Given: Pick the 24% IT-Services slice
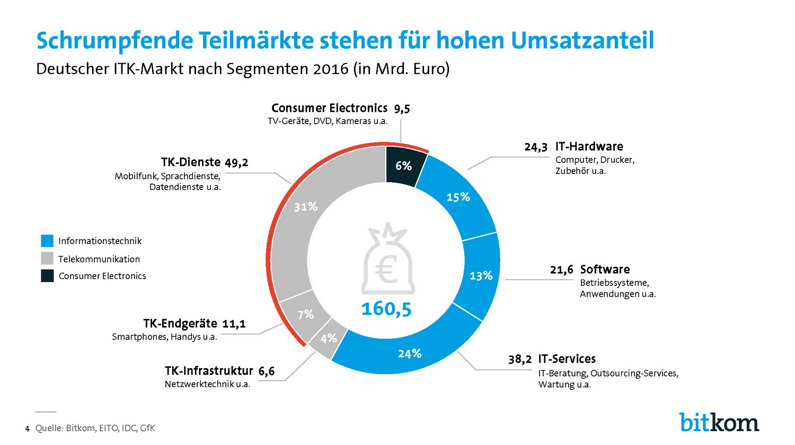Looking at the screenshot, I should click(x=409, y=353).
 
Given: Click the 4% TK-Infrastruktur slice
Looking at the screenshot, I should click(x=328, y=338).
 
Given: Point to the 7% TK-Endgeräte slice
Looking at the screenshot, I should click(x=305, y=315).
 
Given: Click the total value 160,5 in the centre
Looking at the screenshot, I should click(x=386, y=308).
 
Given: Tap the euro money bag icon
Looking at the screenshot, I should click(x=387, y=260).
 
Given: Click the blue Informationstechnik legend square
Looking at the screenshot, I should click(x=47, y=241).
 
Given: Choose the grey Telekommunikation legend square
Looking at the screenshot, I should click(x=47, y=258).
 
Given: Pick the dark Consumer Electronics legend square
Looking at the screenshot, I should click(x=47, y=276).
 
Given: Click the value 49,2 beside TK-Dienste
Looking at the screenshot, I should click(x=236, y=162).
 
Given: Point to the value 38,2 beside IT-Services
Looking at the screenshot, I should click(x=519, y=360).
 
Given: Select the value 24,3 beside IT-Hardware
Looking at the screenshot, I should click(x=535, y=147).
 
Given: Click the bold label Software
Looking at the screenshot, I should click(x=605, y=269).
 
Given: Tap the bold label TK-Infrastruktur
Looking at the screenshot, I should click(x=209, y=371).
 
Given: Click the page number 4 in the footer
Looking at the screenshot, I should click(x=26, y=429).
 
